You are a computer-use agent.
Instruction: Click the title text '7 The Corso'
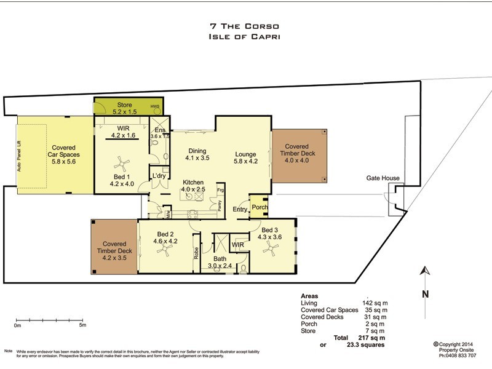245,26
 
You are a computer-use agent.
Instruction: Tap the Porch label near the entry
259,208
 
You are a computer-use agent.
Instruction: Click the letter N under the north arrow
424,294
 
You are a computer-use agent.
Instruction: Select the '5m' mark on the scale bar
82,325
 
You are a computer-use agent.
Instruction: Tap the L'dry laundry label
159,177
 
